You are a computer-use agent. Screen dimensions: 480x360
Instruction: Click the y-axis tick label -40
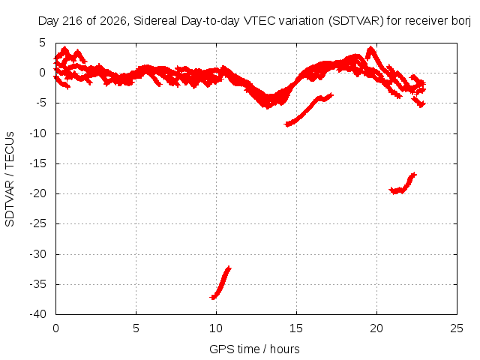click(37, 314)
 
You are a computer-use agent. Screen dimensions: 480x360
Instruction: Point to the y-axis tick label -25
click(37, 223)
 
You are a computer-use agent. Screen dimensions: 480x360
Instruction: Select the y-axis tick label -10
click(37, 133)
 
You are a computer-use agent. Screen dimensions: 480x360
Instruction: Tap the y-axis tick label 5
click(42, 43)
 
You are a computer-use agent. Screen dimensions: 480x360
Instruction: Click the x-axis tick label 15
click(295, 328)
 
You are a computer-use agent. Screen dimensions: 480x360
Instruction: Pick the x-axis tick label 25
click(457, 328)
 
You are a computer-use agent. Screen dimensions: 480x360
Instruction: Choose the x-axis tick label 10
click(216, 328)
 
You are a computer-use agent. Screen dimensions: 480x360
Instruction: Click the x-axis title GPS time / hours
click(254, 349)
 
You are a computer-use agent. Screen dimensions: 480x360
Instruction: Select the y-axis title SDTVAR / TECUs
click(10, 179)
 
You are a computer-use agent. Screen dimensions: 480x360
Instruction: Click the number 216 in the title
click(72, 21)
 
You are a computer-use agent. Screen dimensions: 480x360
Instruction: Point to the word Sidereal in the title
click(155, 21)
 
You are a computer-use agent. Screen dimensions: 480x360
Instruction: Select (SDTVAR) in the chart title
click(356, 21)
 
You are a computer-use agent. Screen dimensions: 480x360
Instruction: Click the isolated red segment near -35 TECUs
click(220, 283)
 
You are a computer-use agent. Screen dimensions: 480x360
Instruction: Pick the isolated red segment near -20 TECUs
click(403, 184)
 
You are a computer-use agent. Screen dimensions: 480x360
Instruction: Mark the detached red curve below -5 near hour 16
click(308, 110)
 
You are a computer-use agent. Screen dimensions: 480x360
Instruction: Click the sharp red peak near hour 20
click(370, 48)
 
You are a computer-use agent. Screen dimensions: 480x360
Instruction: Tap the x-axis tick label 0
click(55, 328)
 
